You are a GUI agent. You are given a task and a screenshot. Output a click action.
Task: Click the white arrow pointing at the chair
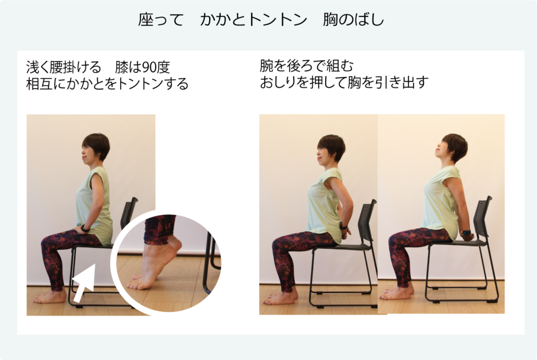tap(84, 282)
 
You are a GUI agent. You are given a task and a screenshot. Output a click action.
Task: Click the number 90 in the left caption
tap(147, 68)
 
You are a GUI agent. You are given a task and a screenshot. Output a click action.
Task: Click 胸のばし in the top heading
tap(353, 19)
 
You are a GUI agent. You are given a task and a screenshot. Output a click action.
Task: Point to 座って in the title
tap(161, 19)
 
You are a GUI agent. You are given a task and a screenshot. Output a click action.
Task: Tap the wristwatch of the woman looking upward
tap(466, 233)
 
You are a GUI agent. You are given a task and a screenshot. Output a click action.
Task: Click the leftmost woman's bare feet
tap(50, 297)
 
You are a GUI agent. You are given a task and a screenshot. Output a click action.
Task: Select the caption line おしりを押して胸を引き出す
tap(344, 82)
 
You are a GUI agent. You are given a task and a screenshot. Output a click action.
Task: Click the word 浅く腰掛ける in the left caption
tap(63, 68)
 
